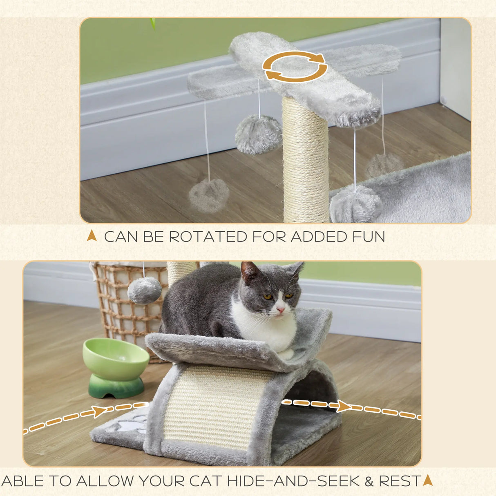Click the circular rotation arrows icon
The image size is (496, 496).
[295, 66]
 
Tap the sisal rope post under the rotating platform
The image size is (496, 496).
[305, 163]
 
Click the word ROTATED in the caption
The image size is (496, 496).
[208, 237]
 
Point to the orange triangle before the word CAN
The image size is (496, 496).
[92, 236]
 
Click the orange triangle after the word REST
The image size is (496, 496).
[428, 480]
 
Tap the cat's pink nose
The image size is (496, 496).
[280, 310]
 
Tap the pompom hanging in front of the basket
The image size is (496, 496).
[144, 290]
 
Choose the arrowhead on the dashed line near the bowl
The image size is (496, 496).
[99, 411]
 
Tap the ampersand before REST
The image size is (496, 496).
[369, 481]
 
